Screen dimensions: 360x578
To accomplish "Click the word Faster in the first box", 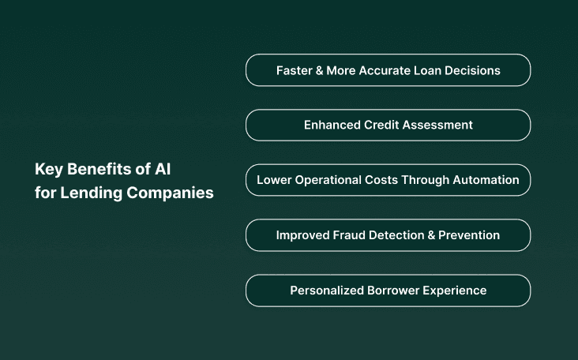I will [x=294, y=70].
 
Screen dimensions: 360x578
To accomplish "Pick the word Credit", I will [x=383, y=125].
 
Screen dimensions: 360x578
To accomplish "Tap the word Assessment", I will [x=438, y=125].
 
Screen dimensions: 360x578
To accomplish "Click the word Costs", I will [x=381, y=180].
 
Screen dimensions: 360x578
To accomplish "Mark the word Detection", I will [x=403, y=235].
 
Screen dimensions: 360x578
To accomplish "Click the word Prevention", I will [x=471, y=235].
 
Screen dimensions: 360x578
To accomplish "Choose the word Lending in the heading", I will [x=82, y=193].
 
